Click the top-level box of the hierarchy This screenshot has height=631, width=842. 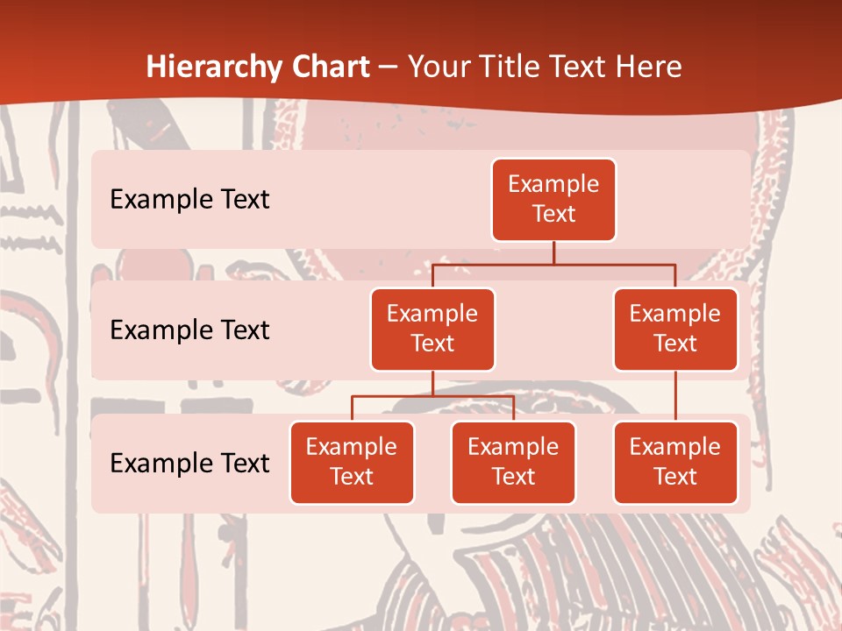click(553, 200)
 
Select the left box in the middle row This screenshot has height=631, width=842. click(432, 330)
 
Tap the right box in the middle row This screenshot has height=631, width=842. click(675, 330)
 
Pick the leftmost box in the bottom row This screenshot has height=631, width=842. click(352, 463)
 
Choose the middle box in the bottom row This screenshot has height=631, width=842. click(513, 463)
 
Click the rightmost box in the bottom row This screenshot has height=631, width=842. click(675, 463)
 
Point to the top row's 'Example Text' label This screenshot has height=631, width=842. click(189, 200)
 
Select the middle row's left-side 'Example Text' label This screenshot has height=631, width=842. click(189, 330)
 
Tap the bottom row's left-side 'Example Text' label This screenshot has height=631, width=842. click(189, 463)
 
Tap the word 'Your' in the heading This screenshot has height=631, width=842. click(442, 67)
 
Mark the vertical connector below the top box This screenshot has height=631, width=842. click(553, 252)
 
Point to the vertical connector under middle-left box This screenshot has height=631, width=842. click(432, 383)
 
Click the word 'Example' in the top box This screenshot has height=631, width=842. click(553, 185)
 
